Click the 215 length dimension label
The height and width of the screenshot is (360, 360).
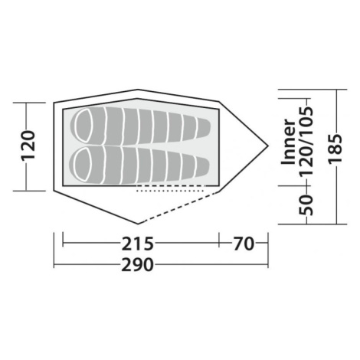tap(137, 244)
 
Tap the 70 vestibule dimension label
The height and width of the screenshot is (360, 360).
tap(244, 244)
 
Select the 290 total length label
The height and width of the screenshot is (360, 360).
tap(137, 264)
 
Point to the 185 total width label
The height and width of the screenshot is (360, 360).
tap(335, 149)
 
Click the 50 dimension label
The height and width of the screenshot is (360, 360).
tap(306, 205)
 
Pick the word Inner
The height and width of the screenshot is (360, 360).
tap(288, 142)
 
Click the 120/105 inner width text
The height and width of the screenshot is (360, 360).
tap(306, 142)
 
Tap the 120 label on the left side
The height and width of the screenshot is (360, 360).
tap(28, 146)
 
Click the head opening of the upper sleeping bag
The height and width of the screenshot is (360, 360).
tap(83, 126)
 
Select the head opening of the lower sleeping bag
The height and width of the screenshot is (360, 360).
tap(83, 165)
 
